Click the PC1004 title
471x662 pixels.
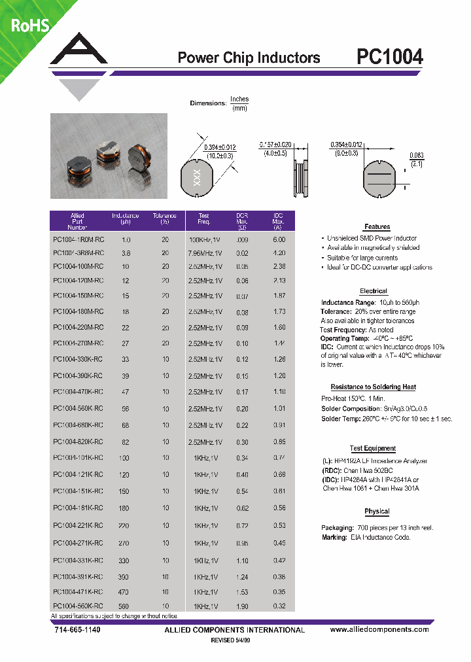click(x=390, y=58)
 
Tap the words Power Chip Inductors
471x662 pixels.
click(x=249, y=58)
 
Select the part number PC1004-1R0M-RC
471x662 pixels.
click(x=78, y=239)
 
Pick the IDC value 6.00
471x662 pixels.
click(x=279, y=239)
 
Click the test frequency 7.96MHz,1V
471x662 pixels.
click(x=204, y=253)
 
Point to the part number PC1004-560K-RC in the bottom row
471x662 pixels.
click(x=78, y=606)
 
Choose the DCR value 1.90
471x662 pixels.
click(x=242, y=606)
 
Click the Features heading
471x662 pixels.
click(x=377, y=227)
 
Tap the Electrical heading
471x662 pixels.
click(x=374, y=291)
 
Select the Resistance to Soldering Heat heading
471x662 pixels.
click(x=373, y=387)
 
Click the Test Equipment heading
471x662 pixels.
click(x=373, y=449)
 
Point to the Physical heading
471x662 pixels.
click(x=376, y=512)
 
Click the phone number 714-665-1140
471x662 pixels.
click(x=76, y=629)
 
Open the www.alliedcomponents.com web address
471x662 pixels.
click(x=379, y=629)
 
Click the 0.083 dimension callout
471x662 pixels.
click(x=416, y=155)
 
